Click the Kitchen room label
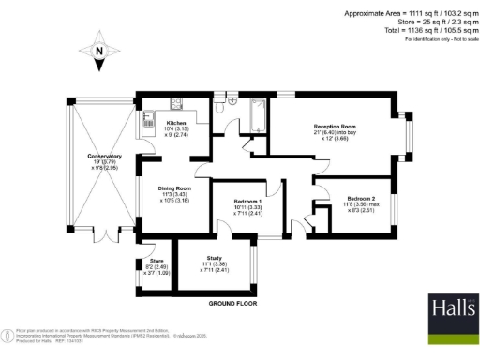click(176, 123)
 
